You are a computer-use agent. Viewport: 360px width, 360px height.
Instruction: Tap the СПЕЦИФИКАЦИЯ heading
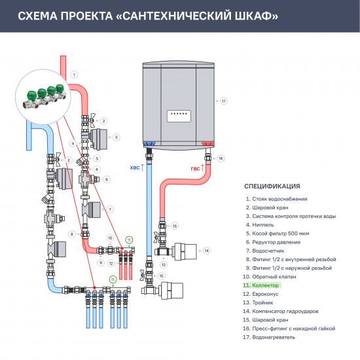pos(272,186)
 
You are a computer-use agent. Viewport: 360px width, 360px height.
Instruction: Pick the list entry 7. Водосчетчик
pos(265,251)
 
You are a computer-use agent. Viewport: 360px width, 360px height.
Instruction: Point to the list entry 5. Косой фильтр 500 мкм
pos(279,233)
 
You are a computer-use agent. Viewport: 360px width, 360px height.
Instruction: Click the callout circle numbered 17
pos(223,101)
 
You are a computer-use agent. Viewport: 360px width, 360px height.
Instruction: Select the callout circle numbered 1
pos(74,74)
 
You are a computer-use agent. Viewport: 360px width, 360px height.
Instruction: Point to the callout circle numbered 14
pos(206,251)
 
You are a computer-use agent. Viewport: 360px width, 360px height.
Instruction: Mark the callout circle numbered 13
pos(164,264)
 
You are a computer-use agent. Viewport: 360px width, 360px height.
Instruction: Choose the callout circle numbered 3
pos(116,137)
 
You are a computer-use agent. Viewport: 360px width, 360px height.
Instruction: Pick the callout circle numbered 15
pos(161,276)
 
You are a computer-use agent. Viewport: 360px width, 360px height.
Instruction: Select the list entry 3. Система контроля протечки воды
pos(291,216)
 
